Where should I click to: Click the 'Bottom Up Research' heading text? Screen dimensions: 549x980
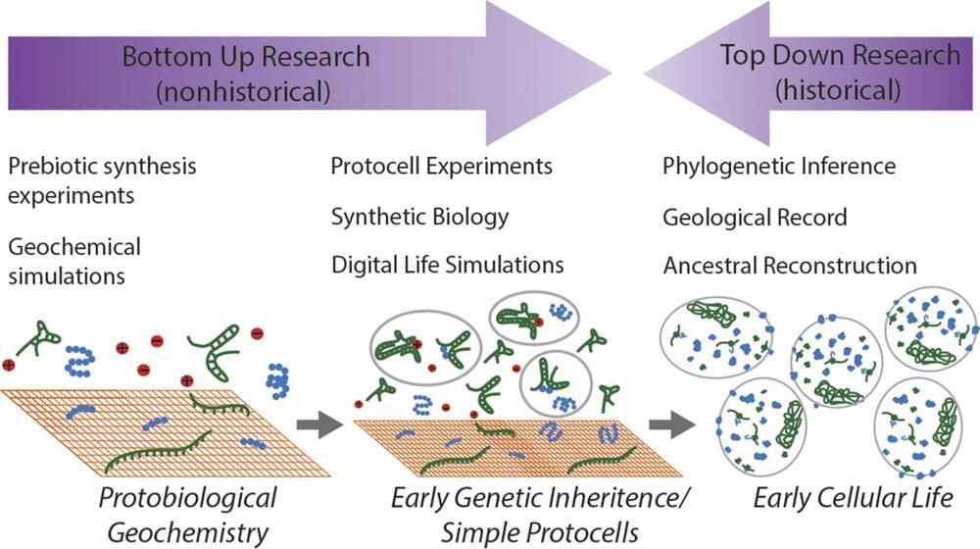point(246,56)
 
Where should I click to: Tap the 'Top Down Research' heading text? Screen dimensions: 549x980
point(840,55)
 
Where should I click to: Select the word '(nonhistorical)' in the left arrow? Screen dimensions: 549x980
point(246,92)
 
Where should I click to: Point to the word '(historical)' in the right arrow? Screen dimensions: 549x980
point(839,91)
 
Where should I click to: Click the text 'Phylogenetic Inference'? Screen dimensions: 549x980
point(779,166)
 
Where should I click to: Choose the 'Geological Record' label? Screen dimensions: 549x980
point(755,216)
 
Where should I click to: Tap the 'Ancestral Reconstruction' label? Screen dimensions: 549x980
point(790,266)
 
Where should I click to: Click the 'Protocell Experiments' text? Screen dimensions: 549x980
point(442,166)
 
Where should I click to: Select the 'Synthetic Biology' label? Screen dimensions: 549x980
point(420,216)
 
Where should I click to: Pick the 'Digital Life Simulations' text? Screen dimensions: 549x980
point(448,265)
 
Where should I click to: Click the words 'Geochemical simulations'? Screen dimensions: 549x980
point(74,261)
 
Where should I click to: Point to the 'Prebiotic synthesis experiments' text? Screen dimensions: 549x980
point(102,179)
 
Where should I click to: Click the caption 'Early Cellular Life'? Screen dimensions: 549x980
point(853,498)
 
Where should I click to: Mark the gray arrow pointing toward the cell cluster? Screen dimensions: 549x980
point(672,424)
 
